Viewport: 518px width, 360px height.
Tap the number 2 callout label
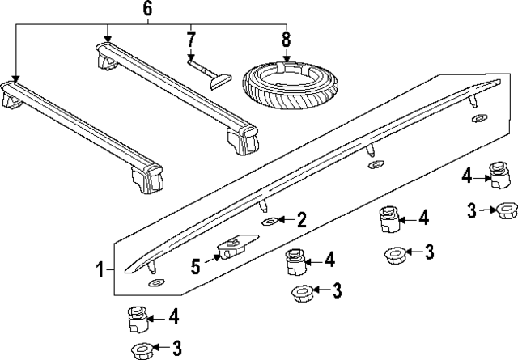[x=301, y=218]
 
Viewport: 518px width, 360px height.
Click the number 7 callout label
[x=190, y=38]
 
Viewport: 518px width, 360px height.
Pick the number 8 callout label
[x=286, y=38]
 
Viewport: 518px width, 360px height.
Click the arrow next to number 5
[x=214, y=257]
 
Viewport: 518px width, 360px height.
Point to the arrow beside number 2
[x=285, y=219]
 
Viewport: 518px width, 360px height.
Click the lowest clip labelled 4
[x=138, y=320]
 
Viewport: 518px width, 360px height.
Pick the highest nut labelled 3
[x=506, y=210]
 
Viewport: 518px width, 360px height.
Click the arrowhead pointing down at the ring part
[x=286, y=59]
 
